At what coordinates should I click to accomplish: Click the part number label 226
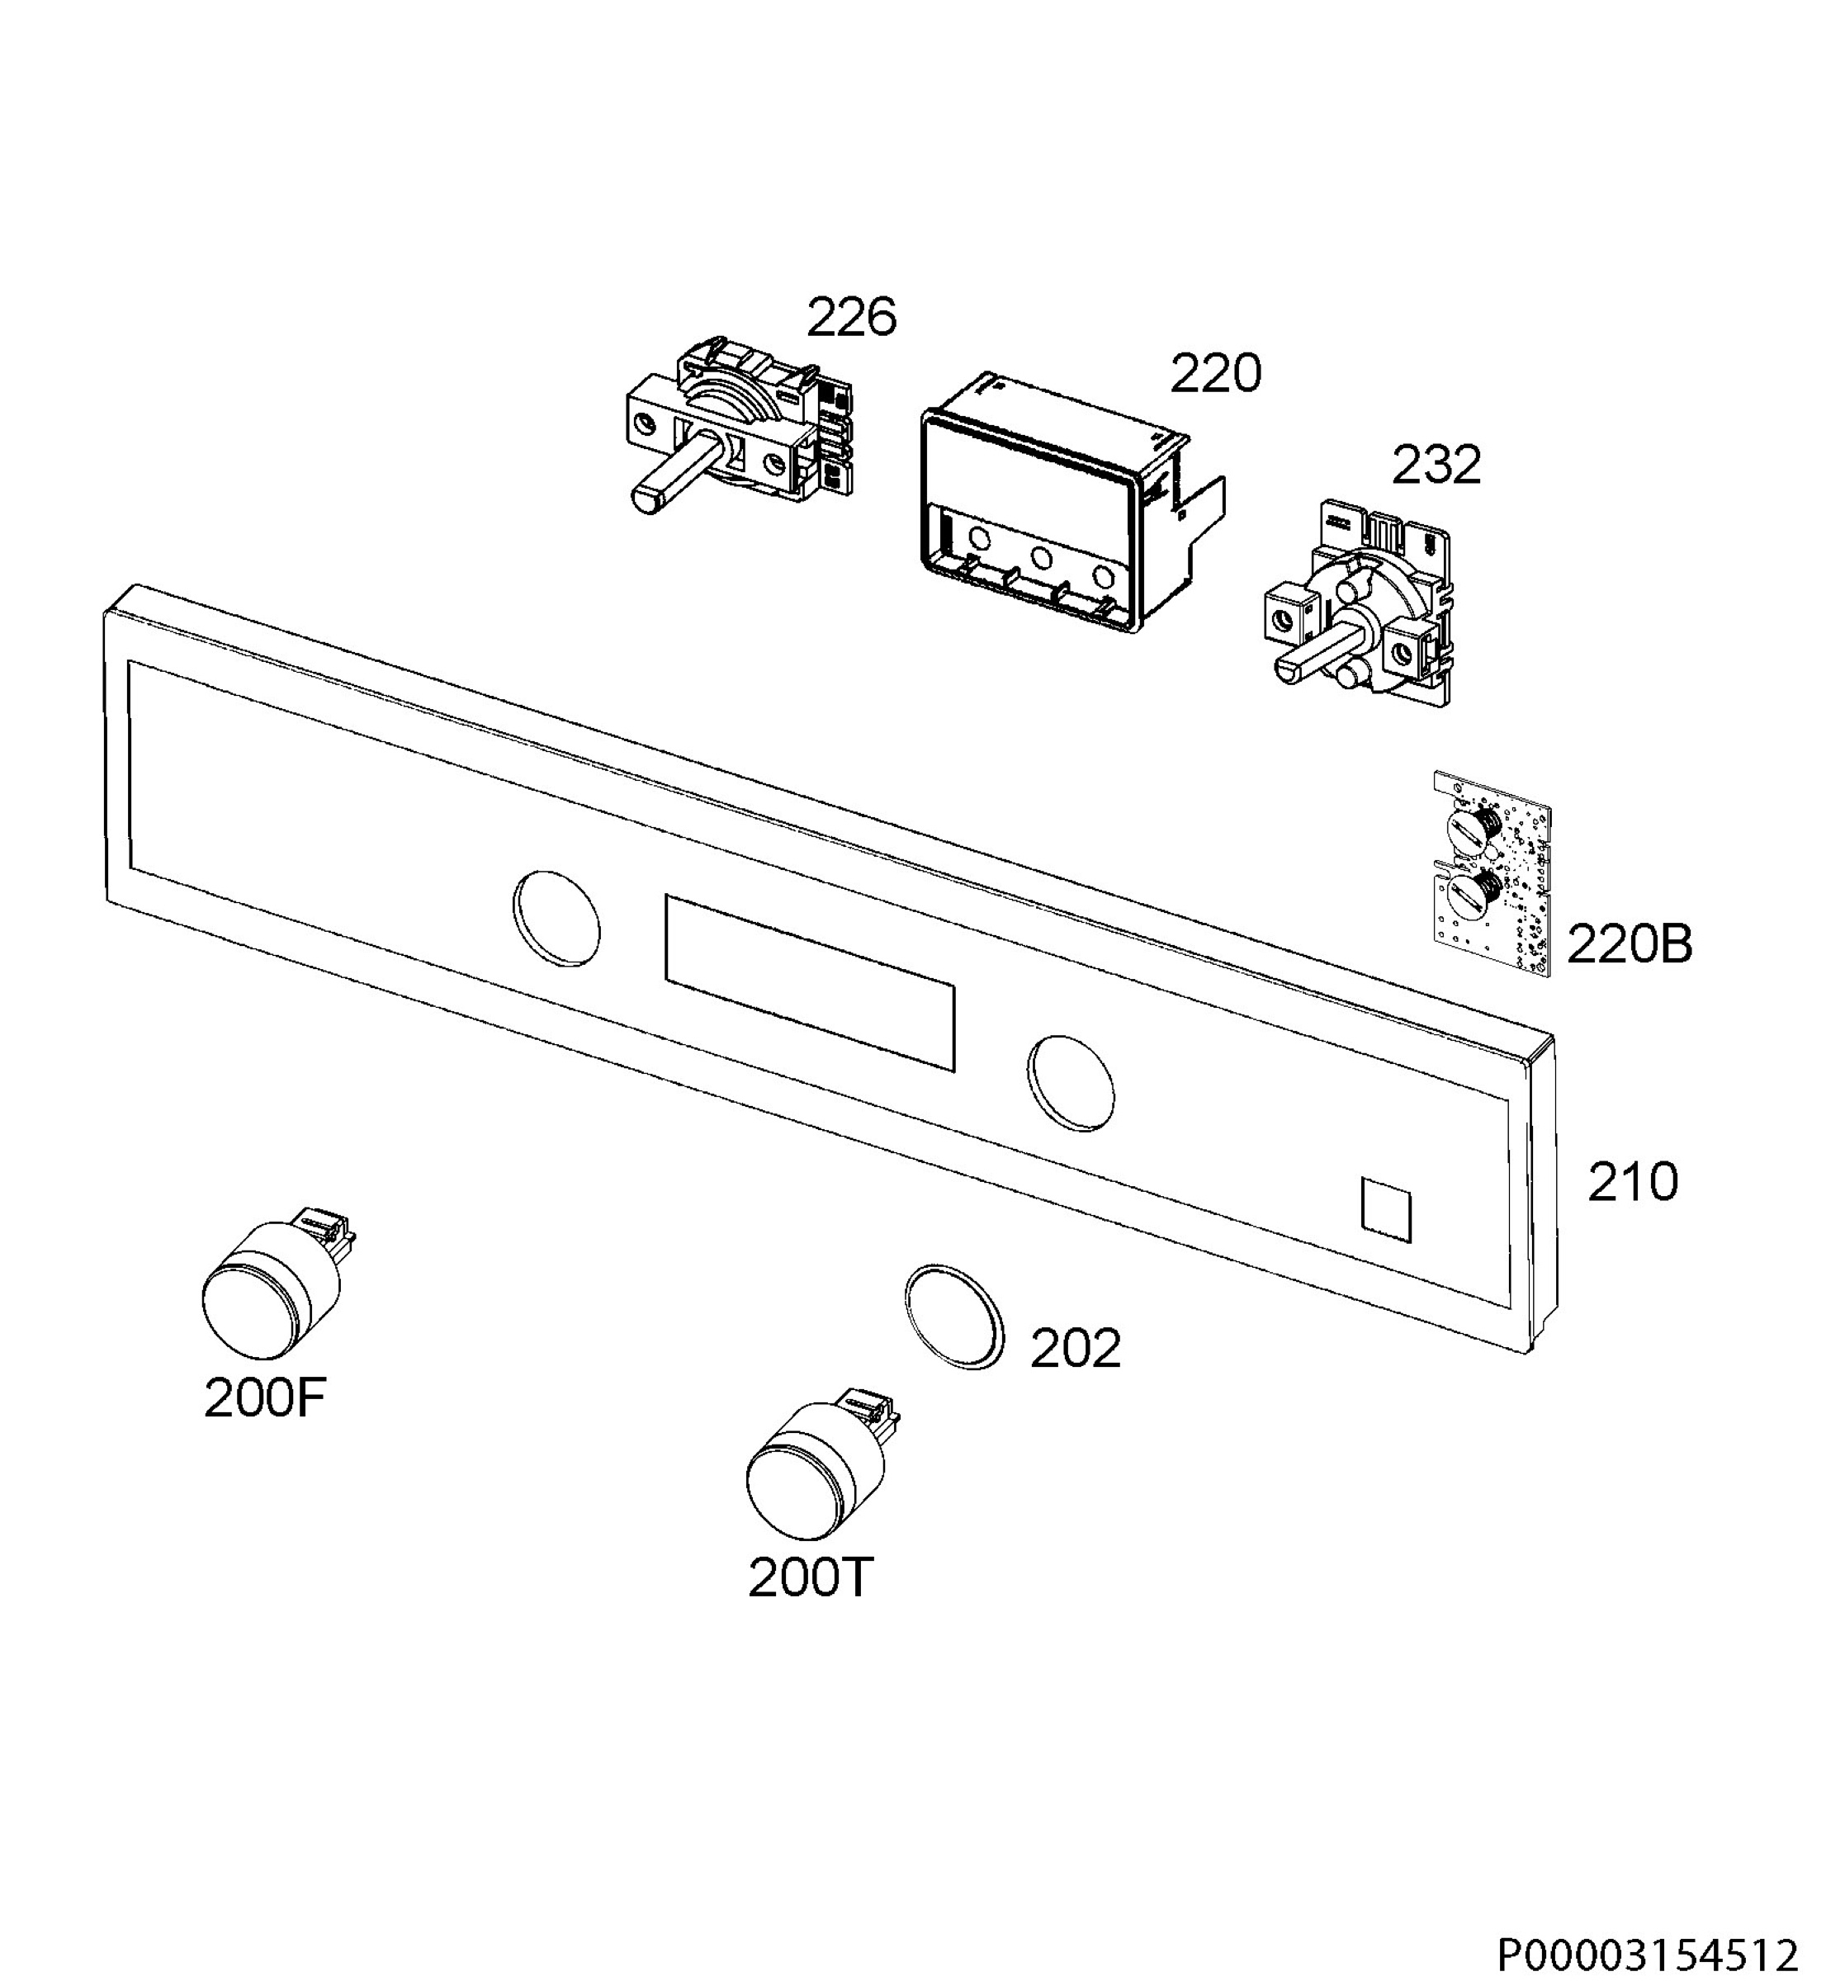click(852, 317)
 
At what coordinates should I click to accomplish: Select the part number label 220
click(1215, 373)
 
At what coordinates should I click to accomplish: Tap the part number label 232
click(1436, 465)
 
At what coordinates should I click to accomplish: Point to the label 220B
click(1630, 943)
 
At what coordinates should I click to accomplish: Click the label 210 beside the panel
click(1632, 1182)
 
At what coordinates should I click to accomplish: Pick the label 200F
click(265, 1398)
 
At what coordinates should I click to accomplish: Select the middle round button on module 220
click(1040, 558)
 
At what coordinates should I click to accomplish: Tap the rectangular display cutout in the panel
click(811, 982)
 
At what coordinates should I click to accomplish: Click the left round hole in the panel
click(556, 918)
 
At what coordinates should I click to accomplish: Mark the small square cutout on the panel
click(1386, 1209)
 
